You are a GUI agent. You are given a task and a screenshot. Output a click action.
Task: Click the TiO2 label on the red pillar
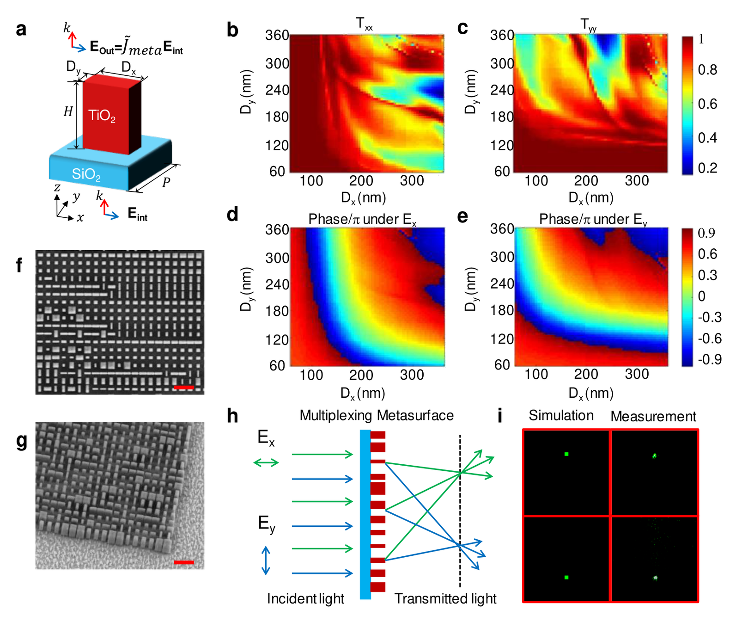pos(102,116)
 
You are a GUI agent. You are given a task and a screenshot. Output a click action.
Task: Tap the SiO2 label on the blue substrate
pos(86,174)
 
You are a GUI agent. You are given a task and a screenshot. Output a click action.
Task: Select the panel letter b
pos(232,30)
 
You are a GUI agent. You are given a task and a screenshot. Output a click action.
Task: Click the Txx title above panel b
pos(364,24)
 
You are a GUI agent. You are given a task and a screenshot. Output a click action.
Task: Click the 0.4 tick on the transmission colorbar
pos(707,137)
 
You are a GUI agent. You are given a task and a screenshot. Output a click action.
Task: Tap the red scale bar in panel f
pos(183,388)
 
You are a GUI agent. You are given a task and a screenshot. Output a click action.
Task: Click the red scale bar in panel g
pos(183,562)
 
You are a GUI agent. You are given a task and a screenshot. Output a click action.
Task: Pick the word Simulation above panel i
pos(561,415)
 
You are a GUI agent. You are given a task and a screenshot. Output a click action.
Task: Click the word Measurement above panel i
pos(653,416)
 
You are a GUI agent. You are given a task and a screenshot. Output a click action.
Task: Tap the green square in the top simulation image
pos(566,454)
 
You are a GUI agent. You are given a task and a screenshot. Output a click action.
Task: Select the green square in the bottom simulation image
pos(566,578)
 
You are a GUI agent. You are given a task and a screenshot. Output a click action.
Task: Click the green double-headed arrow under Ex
pos(266,462)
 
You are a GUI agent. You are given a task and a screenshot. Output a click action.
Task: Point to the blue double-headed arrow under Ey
pos(266,560)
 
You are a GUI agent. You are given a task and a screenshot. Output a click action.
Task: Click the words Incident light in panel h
pos(305,598)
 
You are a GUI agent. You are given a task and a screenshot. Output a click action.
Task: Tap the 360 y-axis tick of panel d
pos(277,229)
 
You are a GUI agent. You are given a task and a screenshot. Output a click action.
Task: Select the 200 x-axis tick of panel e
pos(586,374)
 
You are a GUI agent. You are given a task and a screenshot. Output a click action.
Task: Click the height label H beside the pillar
pos(68,111)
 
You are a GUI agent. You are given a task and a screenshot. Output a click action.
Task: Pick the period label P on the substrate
pos(166,182)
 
